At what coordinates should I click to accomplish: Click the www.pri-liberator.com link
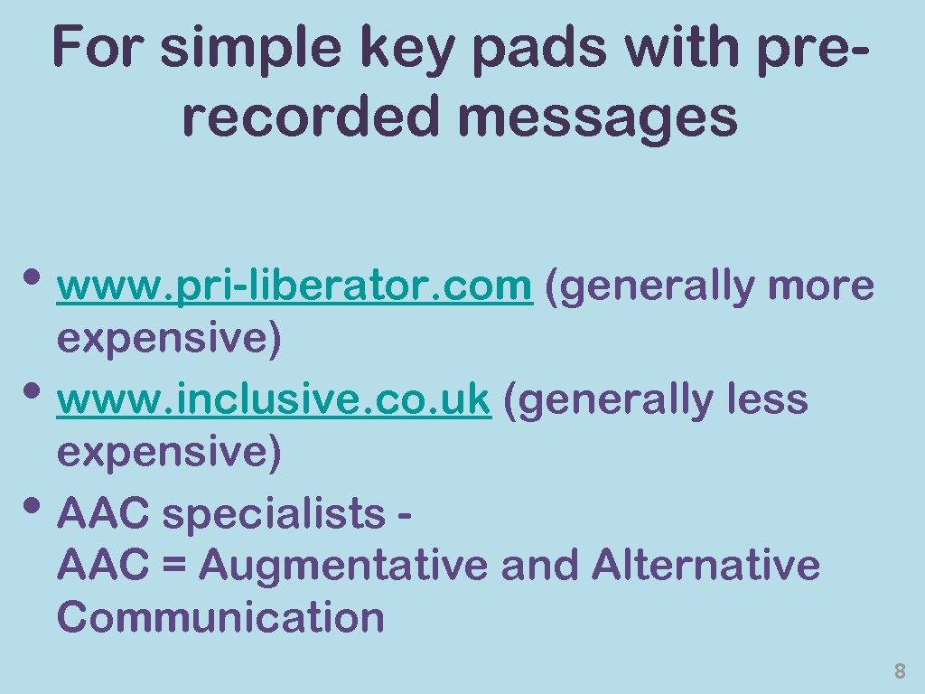[x=294, y=286]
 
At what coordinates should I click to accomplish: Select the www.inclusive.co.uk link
[x=274, y=399]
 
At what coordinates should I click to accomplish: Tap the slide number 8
[x=899, y=671]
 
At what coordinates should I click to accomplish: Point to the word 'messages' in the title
[x=599, y=117]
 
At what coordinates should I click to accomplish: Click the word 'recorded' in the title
[x=310, y=117]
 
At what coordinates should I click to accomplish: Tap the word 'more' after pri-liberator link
[x=821, y=286]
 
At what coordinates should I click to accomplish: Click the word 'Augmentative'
[x=344, y=567]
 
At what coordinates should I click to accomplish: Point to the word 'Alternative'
[x=705, y=567]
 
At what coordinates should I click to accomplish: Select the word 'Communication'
[x=220, y=618]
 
